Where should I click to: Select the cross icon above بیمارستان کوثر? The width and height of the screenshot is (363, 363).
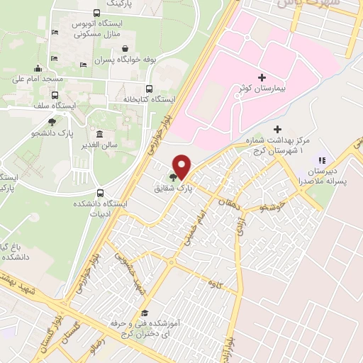point(262,77)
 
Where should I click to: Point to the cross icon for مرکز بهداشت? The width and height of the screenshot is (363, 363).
point(277,129)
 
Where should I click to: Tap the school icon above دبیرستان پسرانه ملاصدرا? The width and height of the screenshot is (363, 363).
point(321,160)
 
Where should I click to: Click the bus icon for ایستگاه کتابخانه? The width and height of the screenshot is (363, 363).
point(148,89)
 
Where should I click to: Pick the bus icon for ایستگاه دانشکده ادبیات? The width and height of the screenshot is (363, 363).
point(100,193)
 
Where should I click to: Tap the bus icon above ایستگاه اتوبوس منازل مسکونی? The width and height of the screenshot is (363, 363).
point(96,13)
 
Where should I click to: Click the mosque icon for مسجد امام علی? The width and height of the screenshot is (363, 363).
point(38,68)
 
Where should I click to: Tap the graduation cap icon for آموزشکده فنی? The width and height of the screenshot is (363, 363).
point(145,313)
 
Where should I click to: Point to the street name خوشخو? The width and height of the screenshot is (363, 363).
point(271,207)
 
